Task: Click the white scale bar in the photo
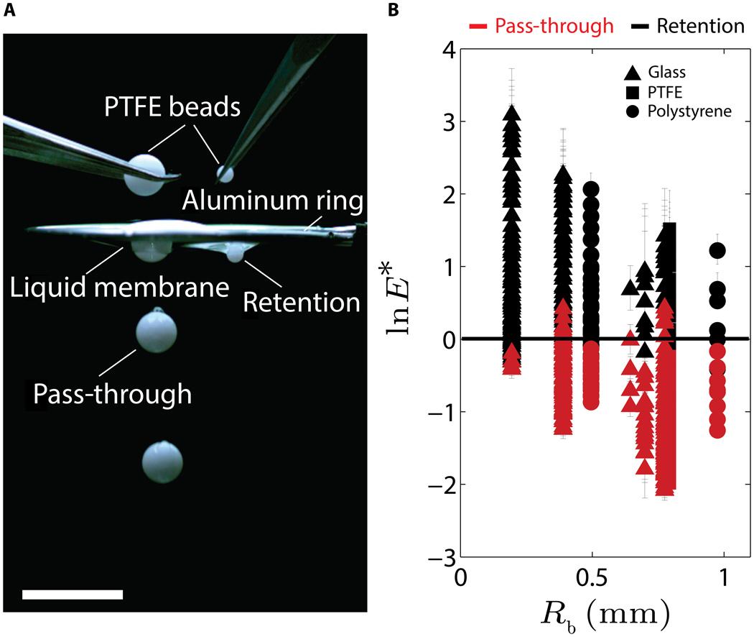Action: [x=73, y=594]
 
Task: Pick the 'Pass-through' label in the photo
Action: [x=113, y=393]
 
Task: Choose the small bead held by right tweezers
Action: [x=226, y=173]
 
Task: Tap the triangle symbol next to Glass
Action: [x=633, y=72]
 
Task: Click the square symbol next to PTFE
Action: [x=633, y=91]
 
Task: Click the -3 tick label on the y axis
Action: [x=439, y=556]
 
